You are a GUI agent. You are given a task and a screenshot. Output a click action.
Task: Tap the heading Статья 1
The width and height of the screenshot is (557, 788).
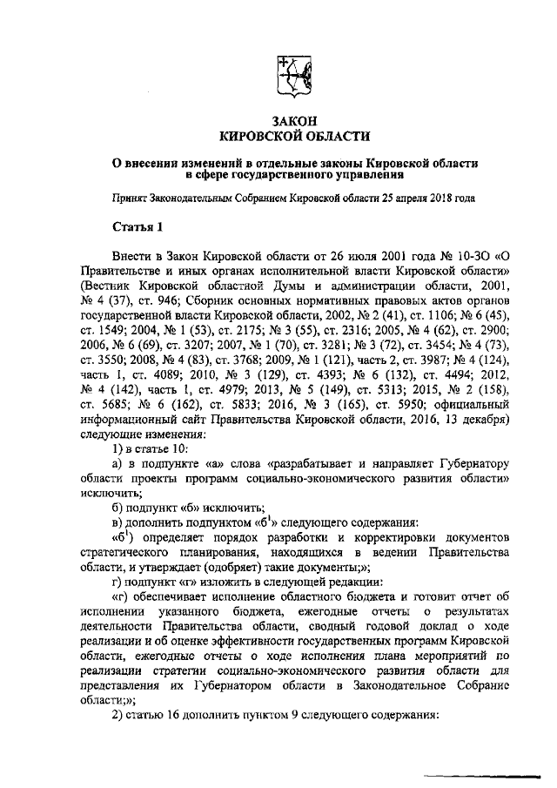point(138,228)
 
